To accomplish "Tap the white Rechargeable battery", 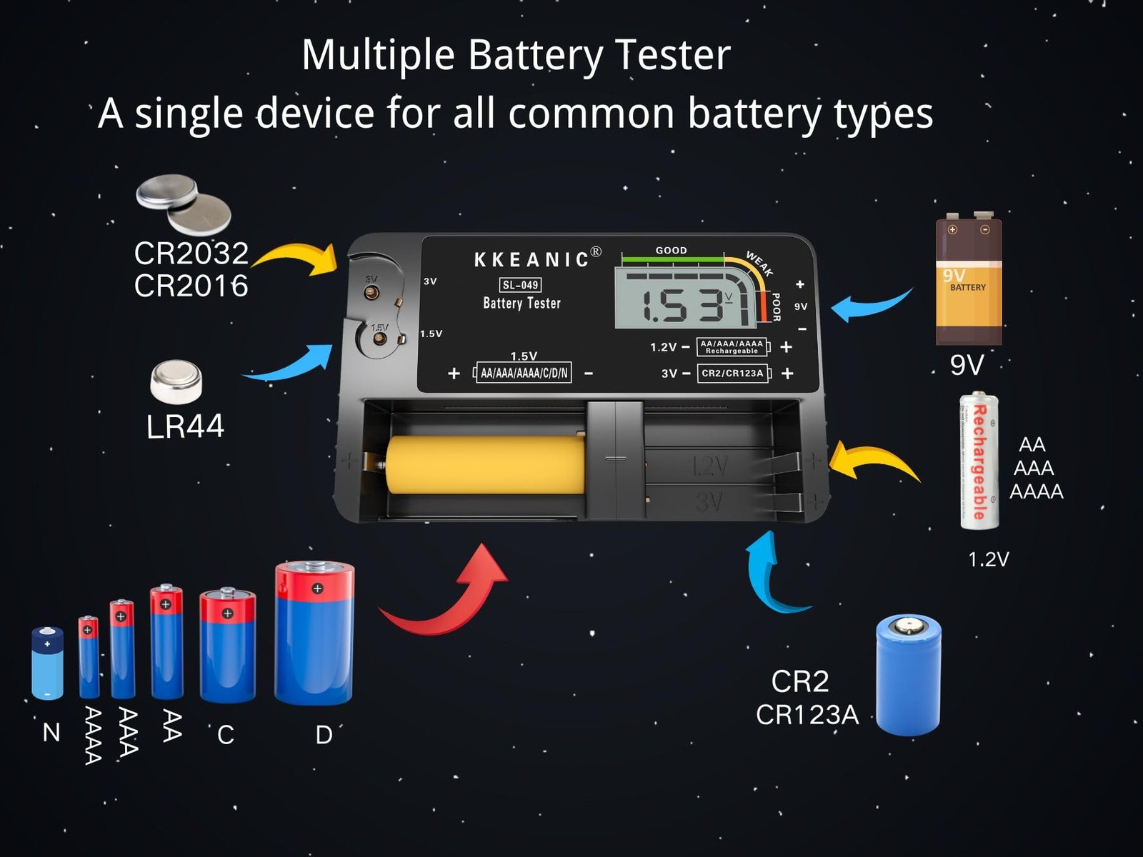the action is pyautogui.click(x=978, y=461).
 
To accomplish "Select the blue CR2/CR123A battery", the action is pyautogui.click(x=908, y=674).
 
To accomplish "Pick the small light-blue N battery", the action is pyautogui.click(x=47, y=663).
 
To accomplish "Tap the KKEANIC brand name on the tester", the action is pyautogui.click(x=531, y=259).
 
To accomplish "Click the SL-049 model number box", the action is pyautogui.click(x=520, y=285).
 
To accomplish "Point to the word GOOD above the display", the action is pyautogui.click(x=671, y=251).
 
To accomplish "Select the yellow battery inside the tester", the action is pyautogui.click(x=486, y=466).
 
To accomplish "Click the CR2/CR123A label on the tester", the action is pyautogui.click(x=732, y=374).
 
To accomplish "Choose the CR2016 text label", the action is pyautogui.click(x=191, y=286).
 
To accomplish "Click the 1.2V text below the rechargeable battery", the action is pyautogui.click(x=988, y=559).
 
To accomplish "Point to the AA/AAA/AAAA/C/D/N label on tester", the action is pyautogui.click(x=524, y=373).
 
